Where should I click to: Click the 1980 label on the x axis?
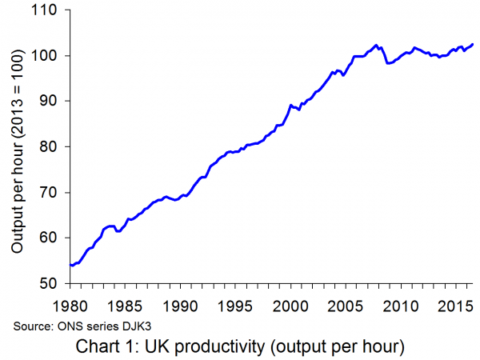(70, 306)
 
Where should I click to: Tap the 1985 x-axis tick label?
(126, 306)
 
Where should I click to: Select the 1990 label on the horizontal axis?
(181, 306)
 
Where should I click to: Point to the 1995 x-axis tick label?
(236, 306)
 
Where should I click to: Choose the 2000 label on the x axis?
(291, 306)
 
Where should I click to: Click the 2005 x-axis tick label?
(346, 306)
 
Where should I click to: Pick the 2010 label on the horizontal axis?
(402, 306)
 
